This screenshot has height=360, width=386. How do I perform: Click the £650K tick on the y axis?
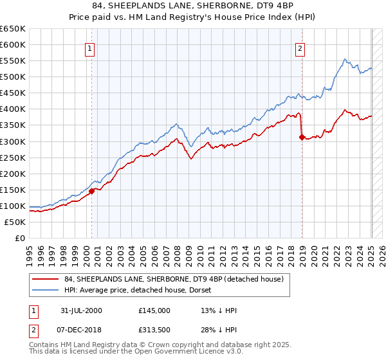point(13,29)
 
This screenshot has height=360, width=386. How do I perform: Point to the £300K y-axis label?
point(13,141)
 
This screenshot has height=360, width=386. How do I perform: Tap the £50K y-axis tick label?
point(15,222)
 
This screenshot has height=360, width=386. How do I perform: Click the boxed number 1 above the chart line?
point(89,47)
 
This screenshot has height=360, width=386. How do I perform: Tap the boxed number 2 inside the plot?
point(300,47)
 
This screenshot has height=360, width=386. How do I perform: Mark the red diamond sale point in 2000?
point(92,191)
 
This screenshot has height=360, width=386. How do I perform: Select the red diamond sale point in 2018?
point(302,136)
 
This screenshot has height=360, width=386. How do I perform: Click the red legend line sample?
point(46,278)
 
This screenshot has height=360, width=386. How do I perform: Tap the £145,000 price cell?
point(154,310)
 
